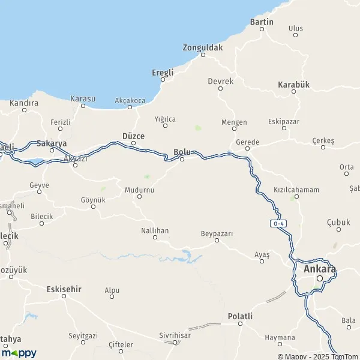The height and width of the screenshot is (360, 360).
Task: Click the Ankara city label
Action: coord(320,269)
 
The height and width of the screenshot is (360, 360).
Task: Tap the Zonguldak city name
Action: coord(203,47)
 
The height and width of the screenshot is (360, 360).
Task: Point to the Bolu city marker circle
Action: coord(182,159)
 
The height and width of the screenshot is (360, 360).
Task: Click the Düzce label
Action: coord(133,136)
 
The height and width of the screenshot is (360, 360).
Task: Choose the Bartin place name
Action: coord(262,22)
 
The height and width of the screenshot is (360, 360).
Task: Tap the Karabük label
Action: coord(293,85)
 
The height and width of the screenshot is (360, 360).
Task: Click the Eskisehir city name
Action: coord(64,289)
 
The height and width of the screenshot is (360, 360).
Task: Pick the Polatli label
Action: coord(240,316)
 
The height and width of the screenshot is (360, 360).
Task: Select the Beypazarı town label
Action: coord(217,232)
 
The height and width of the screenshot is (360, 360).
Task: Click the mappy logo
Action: coord(19,353)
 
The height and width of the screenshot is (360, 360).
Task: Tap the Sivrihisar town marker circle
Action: coord(175,342)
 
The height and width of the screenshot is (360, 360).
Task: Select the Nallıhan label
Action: coord(155,229)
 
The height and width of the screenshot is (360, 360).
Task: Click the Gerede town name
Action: coord(247,142)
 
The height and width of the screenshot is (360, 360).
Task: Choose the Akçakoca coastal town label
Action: coord(130,100)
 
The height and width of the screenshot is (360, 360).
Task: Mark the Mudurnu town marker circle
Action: coord(139,196)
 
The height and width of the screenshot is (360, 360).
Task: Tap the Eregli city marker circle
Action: coord(163,80)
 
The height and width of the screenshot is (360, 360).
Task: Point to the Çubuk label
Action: coord(338,222)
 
